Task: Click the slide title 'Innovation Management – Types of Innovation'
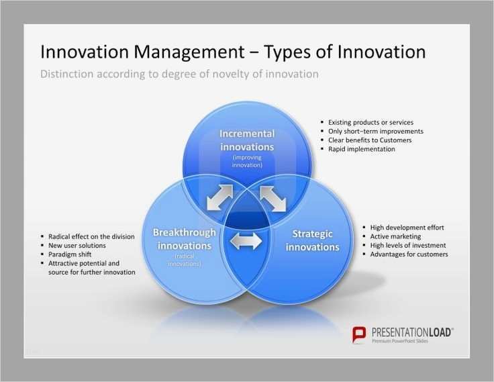[232, 52]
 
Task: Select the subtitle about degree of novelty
[179, 74]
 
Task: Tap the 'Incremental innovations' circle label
[247, 140]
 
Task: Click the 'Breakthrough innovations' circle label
[185, 239]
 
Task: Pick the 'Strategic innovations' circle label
[312, 240]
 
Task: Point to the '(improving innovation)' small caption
[247, 160]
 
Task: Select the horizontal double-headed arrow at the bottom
[246, 240]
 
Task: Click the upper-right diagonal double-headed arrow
[273, 197]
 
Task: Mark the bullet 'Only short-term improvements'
[375, 132]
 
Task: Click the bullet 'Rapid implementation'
[361, 149]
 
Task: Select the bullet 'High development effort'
[407, 228]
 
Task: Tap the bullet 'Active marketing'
[395, 236]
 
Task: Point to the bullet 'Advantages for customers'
[409, 254]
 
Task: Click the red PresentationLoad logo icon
[360, 334]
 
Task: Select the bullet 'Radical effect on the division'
[91, 236]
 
